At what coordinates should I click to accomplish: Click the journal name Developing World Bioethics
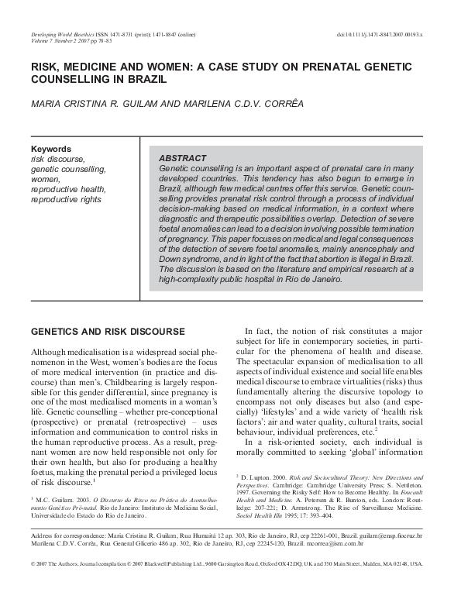click(x=63, y=36)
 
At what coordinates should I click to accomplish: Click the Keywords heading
click(x=51, y=149)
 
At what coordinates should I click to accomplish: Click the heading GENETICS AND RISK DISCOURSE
click(x=107, y=332)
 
